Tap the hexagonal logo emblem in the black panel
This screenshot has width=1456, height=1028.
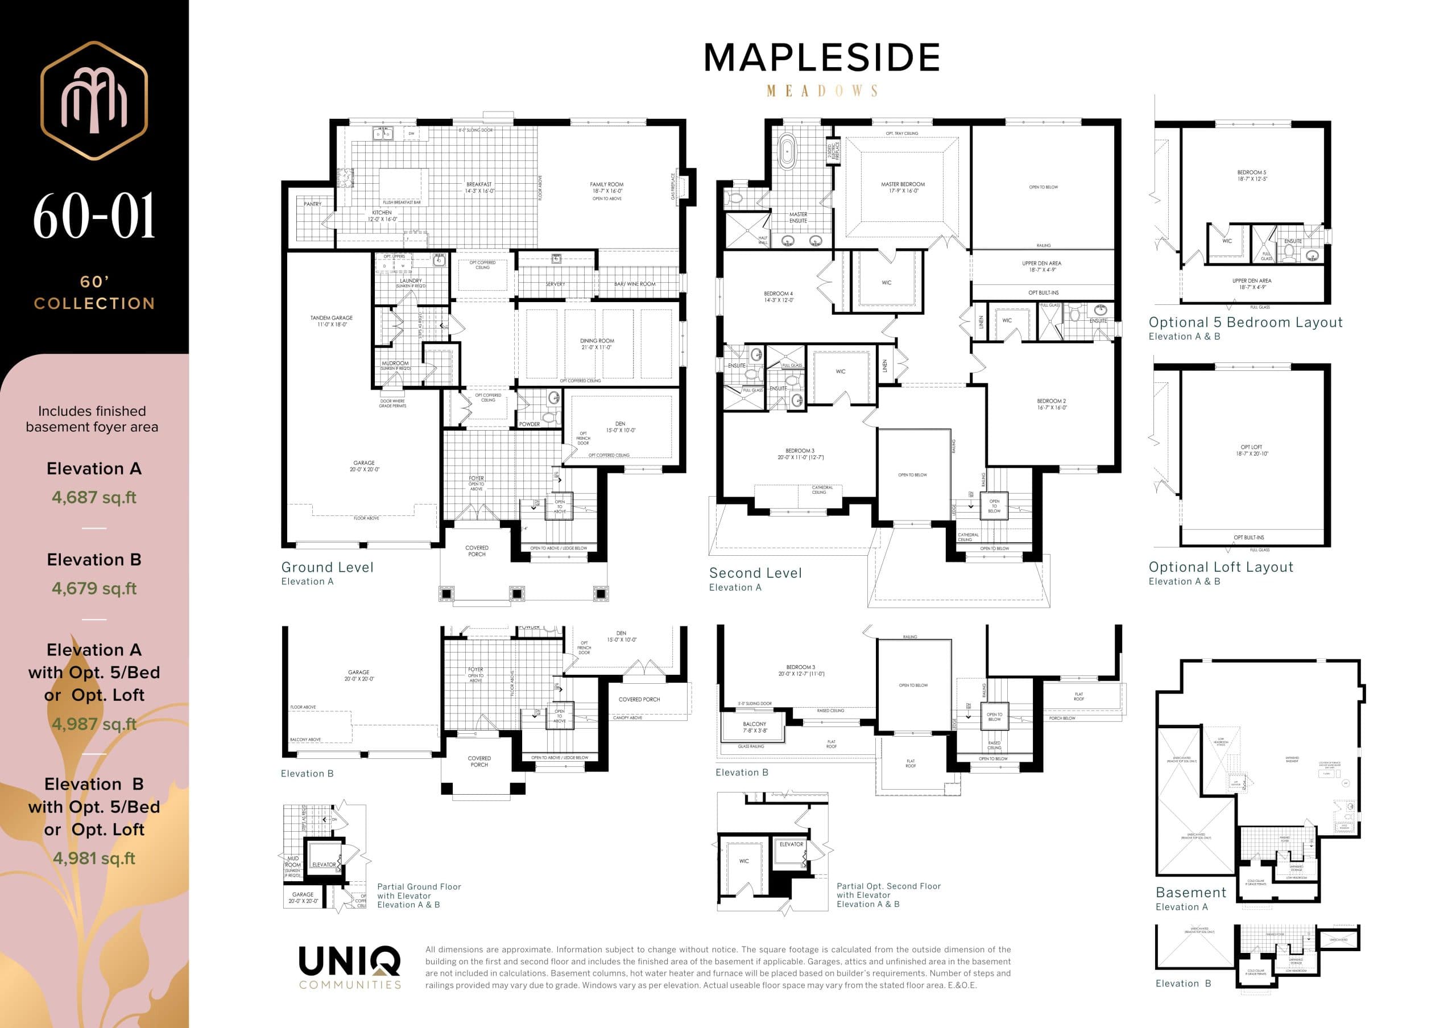pyautogui.click(x=94, y=100)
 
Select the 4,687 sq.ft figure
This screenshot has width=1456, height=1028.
pyautogui.click(x=94, y=497)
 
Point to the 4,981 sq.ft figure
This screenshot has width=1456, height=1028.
pyautogui.click(x=94, y=858)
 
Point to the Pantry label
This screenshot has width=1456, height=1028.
pyautogui.click(x=312, y=204)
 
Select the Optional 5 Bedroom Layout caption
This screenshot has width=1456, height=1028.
pyautogui.click(x=1245, y=322)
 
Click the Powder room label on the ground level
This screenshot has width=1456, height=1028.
pyautogui.click(x=530, y=424)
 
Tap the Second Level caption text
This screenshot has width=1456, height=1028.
pyautogui.click(x=755, y=573)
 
